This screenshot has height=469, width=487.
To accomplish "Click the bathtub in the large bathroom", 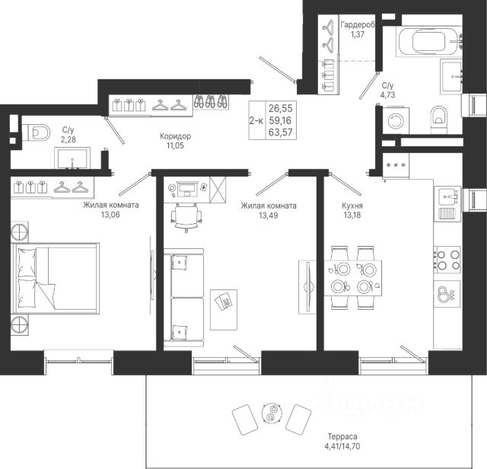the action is click(x=429, y=41).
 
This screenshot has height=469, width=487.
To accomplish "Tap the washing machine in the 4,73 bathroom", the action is click(x=396, y=120).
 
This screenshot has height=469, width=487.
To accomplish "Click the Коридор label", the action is click(x=176, y=136).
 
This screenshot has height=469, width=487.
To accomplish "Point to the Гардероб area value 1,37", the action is click(x=358, y=34).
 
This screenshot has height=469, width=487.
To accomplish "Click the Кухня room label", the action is click(x=352, y=206).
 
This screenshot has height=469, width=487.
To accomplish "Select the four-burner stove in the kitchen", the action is click(x=447, y=260).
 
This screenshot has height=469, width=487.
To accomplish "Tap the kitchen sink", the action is click(x=447, y=196).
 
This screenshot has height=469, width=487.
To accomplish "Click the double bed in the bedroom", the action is click(x=55, y=279).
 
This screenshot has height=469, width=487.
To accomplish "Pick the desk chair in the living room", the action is click(x=186, y=217).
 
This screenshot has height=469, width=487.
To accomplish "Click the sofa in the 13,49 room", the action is click(x=183, y=298).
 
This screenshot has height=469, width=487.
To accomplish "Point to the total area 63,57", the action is click(x=281, y=132).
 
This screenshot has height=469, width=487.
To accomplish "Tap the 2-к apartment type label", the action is click(x=256, y=120).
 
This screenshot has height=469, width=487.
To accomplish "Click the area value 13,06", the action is click(x=110, y=215).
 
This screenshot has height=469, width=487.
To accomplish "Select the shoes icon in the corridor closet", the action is click(x=211, y=101).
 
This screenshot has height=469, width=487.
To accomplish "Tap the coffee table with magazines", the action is click(x=224, y=310).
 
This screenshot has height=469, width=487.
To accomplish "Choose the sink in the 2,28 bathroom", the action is click(x=72, y=158).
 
